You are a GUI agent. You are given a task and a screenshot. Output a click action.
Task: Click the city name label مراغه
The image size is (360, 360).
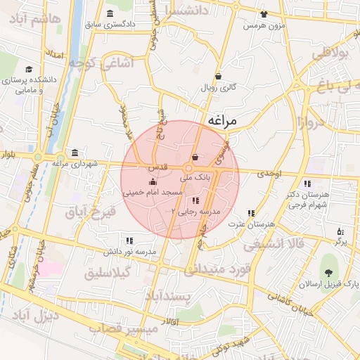(x=223, y=122)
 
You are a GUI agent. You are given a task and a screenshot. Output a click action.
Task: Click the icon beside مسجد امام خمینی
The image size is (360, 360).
(x=153, y=183)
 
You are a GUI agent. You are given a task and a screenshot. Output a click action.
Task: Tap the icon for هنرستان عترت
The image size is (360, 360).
(x=251, y=213)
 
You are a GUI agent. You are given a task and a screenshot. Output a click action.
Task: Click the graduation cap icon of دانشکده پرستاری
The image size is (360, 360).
(x=29, y=69)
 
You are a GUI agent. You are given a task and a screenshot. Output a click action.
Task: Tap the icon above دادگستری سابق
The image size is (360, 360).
(x=110, y=14)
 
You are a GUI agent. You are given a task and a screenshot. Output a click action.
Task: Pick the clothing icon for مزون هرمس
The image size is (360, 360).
(x=264, y=14)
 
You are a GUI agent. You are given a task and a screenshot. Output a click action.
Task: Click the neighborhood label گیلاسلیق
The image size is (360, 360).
(x=112, y=273)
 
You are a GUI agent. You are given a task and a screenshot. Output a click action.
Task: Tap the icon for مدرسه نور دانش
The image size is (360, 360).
(x=128, y=240)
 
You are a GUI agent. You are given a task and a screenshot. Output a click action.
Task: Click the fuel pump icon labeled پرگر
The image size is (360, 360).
(x=340, y=231)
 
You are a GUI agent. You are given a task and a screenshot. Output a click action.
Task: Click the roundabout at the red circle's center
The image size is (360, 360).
(x=188, y=169)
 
